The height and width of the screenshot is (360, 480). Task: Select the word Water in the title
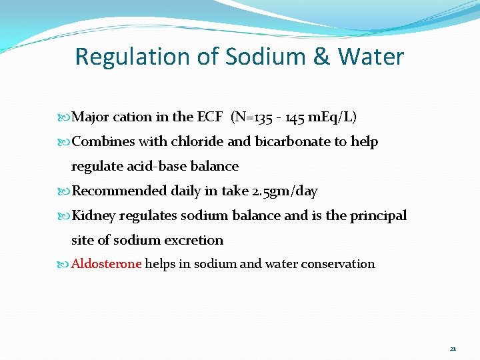coord(370,57)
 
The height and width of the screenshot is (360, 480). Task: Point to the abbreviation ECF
coord(209,117)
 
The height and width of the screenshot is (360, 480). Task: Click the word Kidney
coord(93,215)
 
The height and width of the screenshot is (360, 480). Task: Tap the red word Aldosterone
coord(107,264)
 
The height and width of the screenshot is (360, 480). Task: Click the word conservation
coord(338,264)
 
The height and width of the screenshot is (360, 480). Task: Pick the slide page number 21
coord(453,348)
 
